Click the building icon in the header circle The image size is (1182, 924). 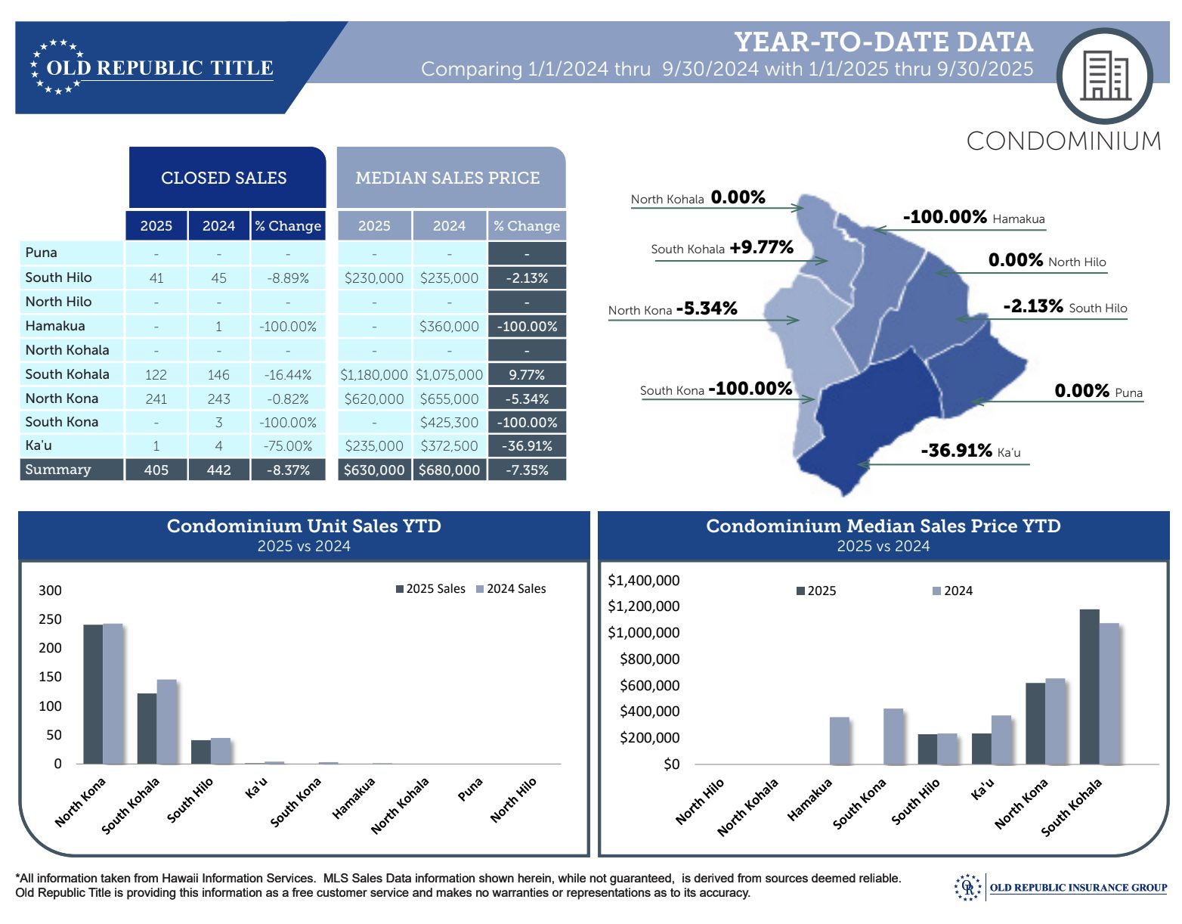[1105, 76]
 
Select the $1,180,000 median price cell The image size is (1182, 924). [374, 374]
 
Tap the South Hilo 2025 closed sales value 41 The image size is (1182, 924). [156, 278]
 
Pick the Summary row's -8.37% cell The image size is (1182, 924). [288, 470]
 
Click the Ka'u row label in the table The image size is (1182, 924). [39, 445]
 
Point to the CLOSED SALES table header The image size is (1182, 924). [224, 178]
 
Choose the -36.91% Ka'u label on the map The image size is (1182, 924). [956, 451]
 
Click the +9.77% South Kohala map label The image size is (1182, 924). [761, 247]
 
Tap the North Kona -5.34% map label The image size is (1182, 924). [707, 309]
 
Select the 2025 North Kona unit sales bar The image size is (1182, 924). [92, 693]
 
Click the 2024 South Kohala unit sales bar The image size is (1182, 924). [167, 721]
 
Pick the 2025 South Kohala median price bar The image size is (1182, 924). [1089, 686]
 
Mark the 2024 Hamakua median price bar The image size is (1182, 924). [840, 740]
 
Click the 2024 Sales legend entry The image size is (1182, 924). [511, 588]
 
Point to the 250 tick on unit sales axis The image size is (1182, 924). [50, 619]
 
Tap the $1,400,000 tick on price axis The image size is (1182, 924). [643, 580]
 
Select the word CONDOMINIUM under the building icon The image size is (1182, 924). [1063, 141]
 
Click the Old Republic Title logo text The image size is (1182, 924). [159, 68]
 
